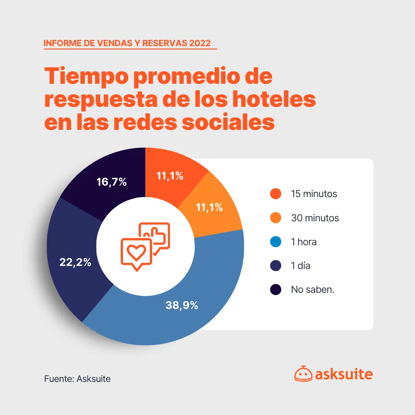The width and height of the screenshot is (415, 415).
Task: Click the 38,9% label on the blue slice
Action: pos(182,305)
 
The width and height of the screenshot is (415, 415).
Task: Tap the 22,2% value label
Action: pos(75,262)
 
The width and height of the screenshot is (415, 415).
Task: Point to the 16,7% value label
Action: pos(112,182)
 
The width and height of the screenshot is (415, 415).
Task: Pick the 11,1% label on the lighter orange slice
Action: pos(209,207)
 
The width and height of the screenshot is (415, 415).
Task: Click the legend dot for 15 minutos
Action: pos(276,194)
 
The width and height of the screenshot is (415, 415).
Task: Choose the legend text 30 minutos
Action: pos(315,218)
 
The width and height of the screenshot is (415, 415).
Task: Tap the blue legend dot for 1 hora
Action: pos(276,242)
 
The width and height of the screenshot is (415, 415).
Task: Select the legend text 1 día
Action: pos(300,266)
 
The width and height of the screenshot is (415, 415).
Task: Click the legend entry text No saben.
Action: pos(312,289)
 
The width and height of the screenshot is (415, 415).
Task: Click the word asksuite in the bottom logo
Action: pos(344,374)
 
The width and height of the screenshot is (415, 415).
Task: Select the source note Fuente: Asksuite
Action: pos(77,379)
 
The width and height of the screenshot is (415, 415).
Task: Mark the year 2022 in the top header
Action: pos(200,43)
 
